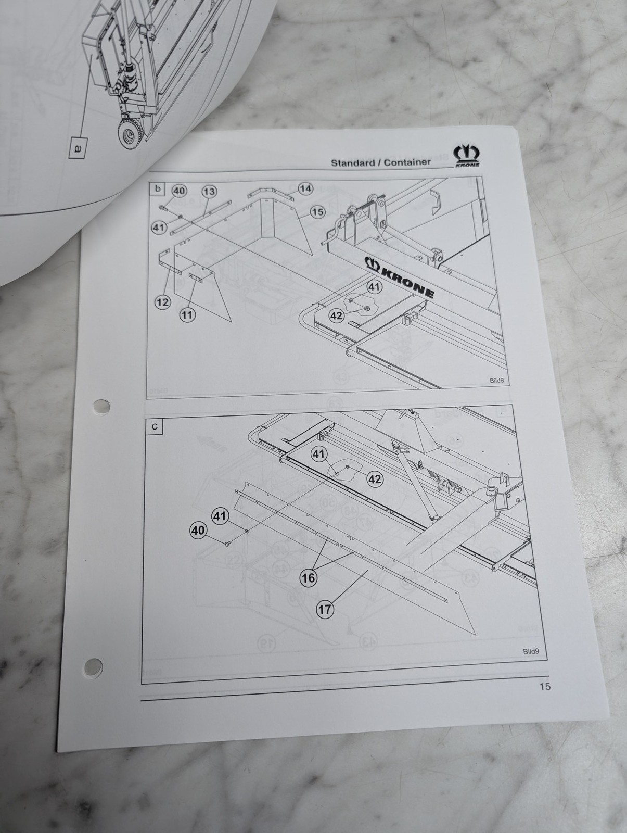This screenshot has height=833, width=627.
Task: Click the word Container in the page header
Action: pos(407,162)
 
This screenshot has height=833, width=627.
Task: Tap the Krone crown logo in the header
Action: pos(467,156)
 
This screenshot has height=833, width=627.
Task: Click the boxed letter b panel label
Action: pos(158,189)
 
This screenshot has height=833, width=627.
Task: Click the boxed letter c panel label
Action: pos(155,426)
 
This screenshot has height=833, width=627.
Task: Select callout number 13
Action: pos(209,192)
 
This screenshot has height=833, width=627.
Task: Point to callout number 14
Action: pos(306,188)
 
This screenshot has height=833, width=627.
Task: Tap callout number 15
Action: pos(318,212)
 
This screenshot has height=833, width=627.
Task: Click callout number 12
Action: pos(163,302)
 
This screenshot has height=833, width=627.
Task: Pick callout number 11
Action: pos(187,314)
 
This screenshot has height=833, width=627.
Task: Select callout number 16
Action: pos(308,578)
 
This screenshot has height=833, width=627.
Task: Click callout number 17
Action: pos(324,610)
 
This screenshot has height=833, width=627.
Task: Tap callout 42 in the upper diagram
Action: pos(337,315)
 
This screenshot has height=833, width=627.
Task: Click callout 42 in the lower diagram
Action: pos(375,479)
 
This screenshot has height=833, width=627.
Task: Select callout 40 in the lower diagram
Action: pos(198,530)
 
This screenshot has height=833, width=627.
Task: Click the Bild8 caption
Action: pos(496,380)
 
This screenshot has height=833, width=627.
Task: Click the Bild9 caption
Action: pos(531,651)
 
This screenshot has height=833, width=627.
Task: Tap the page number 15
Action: pos(545,686)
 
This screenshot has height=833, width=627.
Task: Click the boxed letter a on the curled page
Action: pos(78,148)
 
